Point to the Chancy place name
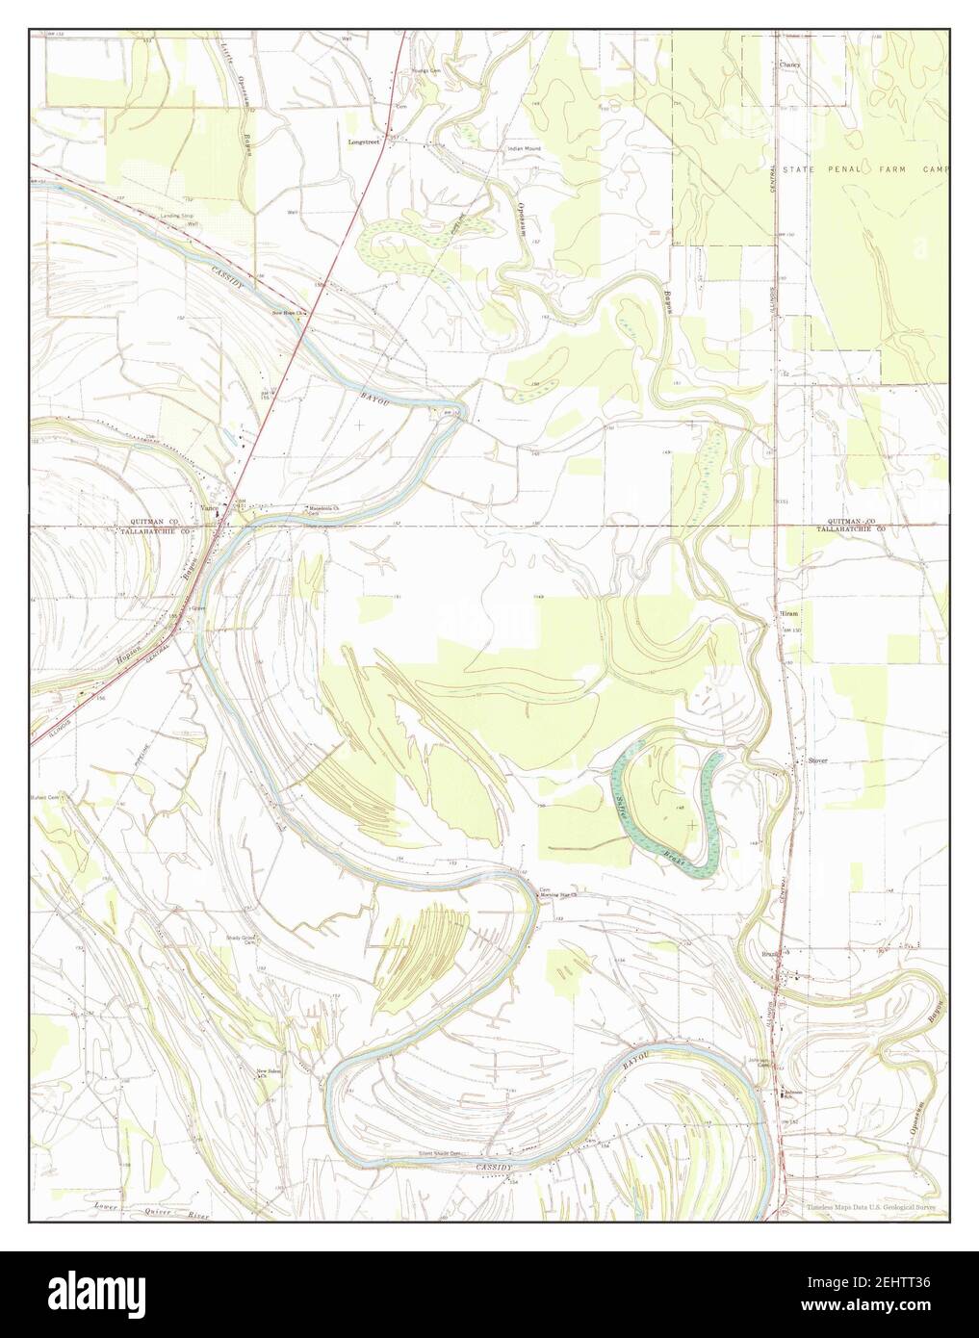(789, 65)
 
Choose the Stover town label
(817, 760)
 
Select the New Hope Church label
(288, 313)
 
